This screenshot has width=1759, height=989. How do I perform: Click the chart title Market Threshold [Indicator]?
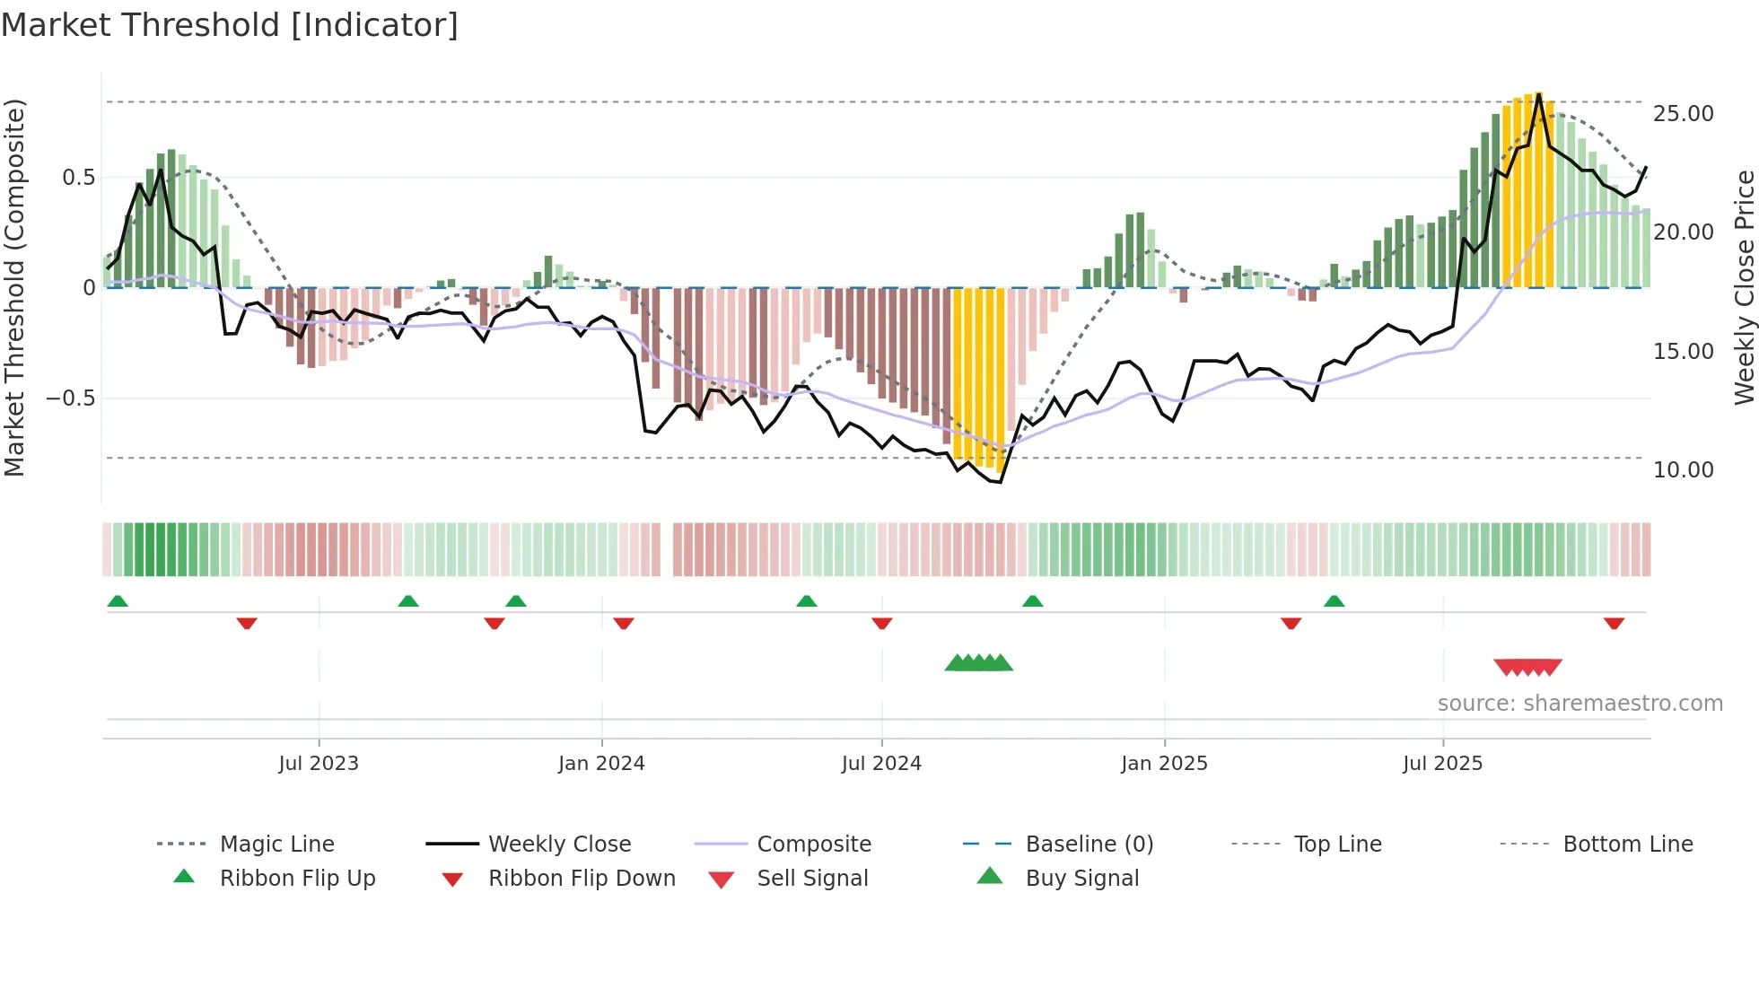coord(230,25)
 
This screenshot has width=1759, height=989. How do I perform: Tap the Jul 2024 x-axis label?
coord(881,763)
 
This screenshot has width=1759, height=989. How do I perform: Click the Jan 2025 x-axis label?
coord(1164,763)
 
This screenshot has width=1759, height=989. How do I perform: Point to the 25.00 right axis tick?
coord(1683,114)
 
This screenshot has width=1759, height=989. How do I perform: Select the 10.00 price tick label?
coord(1683,469)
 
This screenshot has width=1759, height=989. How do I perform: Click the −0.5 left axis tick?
coord(70,398)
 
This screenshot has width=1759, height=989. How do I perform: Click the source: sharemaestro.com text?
coord(1580,703)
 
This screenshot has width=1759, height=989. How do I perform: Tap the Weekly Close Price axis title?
coord(1744,287)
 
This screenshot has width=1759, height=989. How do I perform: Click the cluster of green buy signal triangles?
coord(978,663)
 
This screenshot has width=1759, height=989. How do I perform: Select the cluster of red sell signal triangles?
coord(1527,667)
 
